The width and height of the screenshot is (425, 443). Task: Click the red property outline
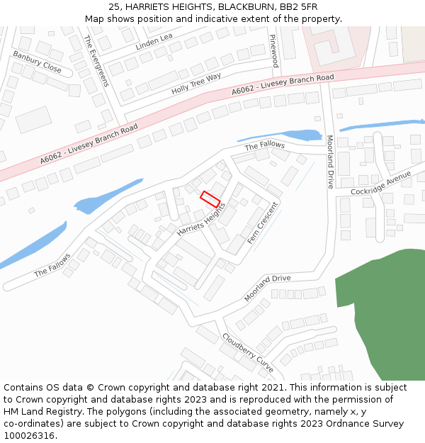tap(210, 199)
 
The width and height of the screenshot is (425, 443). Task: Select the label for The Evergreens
tap(96, 60)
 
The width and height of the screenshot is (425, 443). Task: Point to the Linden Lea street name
tap(154, 42)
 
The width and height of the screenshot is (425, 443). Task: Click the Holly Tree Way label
tap(196, 84)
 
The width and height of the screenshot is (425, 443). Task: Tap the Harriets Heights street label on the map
tap(201, 220)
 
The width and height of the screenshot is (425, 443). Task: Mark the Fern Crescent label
tap(263, 227)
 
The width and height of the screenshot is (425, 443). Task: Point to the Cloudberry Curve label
tap(248, 353)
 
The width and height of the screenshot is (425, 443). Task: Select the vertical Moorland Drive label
tap(330, 162)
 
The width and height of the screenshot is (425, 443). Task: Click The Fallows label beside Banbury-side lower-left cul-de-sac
tap(52, 265)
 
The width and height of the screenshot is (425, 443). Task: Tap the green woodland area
tap(382, 312)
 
